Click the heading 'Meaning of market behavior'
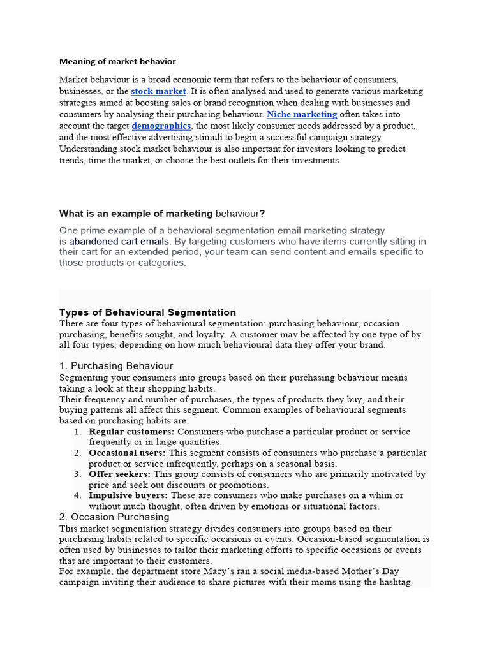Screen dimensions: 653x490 [x=117, y=62]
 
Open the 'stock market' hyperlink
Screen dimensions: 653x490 [x=158, y=91]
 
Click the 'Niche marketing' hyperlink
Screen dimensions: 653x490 [x=302, y=114]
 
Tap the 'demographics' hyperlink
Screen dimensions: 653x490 [x=161, y=126]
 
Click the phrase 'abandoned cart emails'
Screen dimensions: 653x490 [x=119, y=242]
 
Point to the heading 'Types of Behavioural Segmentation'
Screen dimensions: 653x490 [x=147, y=312]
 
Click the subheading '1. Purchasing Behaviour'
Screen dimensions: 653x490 [x=116, y=366]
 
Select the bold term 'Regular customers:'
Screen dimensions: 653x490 [x=131, y=432]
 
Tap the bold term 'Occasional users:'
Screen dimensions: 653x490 [x=127, y=453]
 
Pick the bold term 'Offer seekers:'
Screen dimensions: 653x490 [x=120, y=474]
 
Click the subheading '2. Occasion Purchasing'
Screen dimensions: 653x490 [x=114, y=517]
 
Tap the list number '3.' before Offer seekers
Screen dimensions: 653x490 [x=77, y=474]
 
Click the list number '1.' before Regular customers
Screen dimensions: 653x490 [x=77, y=432]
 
